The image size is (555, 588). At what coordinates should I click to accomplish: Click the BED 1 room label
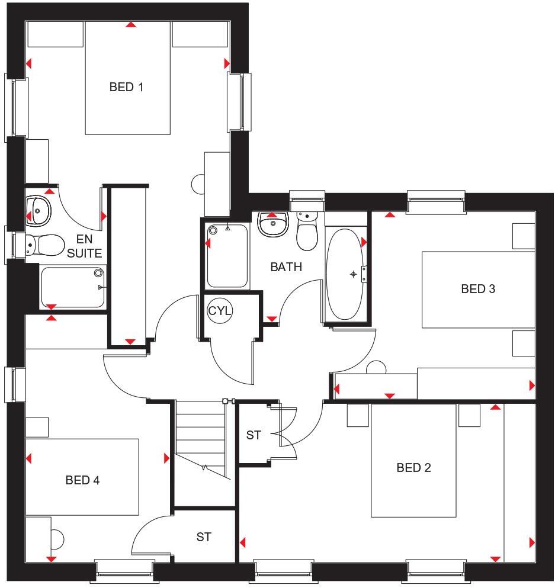[x=126, y=87]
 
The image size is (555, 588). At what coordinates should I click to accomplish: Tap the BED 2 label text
[x=413, y=468]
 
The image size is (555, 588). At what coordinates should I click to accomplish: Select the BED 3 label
[x=478, y=289]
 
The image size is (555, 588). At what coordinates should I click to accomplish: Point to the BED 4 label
[x=82, y=480]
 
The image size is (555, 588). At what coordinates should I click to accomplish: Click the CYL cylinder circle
[x=220, y=310]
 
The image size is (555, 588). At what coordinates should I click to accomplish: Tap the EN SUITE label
[x=85, y=247]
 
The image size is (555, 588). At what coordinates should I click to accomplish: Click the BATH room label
[x=286, y=267]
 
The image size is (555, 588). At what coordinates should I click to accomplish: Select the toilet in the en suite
[x=46, y=244]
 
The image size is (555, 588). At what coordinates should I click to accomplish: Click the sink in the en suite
[x=39, y=209]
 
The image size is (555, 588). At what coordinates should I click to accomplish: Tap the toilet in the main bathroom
[x=307, y=232]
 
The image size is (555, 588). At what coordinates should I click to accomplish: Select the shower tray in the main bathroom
[x=227, y=255]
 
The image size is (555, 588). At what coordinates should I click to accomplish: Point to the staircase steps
[x=201, y=435]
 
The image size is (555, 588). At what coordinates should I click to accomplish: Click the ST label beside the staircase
[x=254, y=435]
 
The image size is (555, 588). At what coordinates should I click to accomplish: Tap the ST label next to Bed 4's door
[x=204, y=537]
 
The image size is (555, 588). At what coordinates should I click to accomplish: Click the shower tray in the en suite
[x=73, y=286]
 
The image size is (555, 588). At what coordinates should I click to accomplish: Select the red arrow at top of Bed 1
[x=130, y=24]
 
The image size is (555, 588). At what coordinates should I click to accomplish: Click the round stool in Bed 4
[x=57, y=538]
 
